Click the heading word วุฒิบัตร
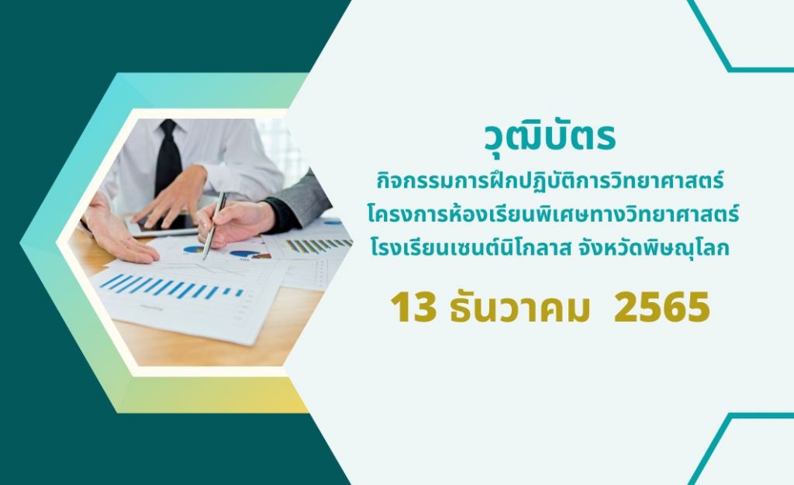point(550,136)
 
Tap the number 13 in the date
point(413,308)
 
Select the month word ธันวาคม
point(520,307)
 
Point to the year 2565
point(661,308)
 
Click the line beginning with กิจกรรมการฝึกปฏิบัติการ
point(550,180)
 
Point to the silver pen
point(214,225)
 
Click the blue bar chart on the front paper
point(171,286)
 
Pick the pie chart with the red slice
point(249,254)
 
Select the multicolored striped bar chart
point(318,246)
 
